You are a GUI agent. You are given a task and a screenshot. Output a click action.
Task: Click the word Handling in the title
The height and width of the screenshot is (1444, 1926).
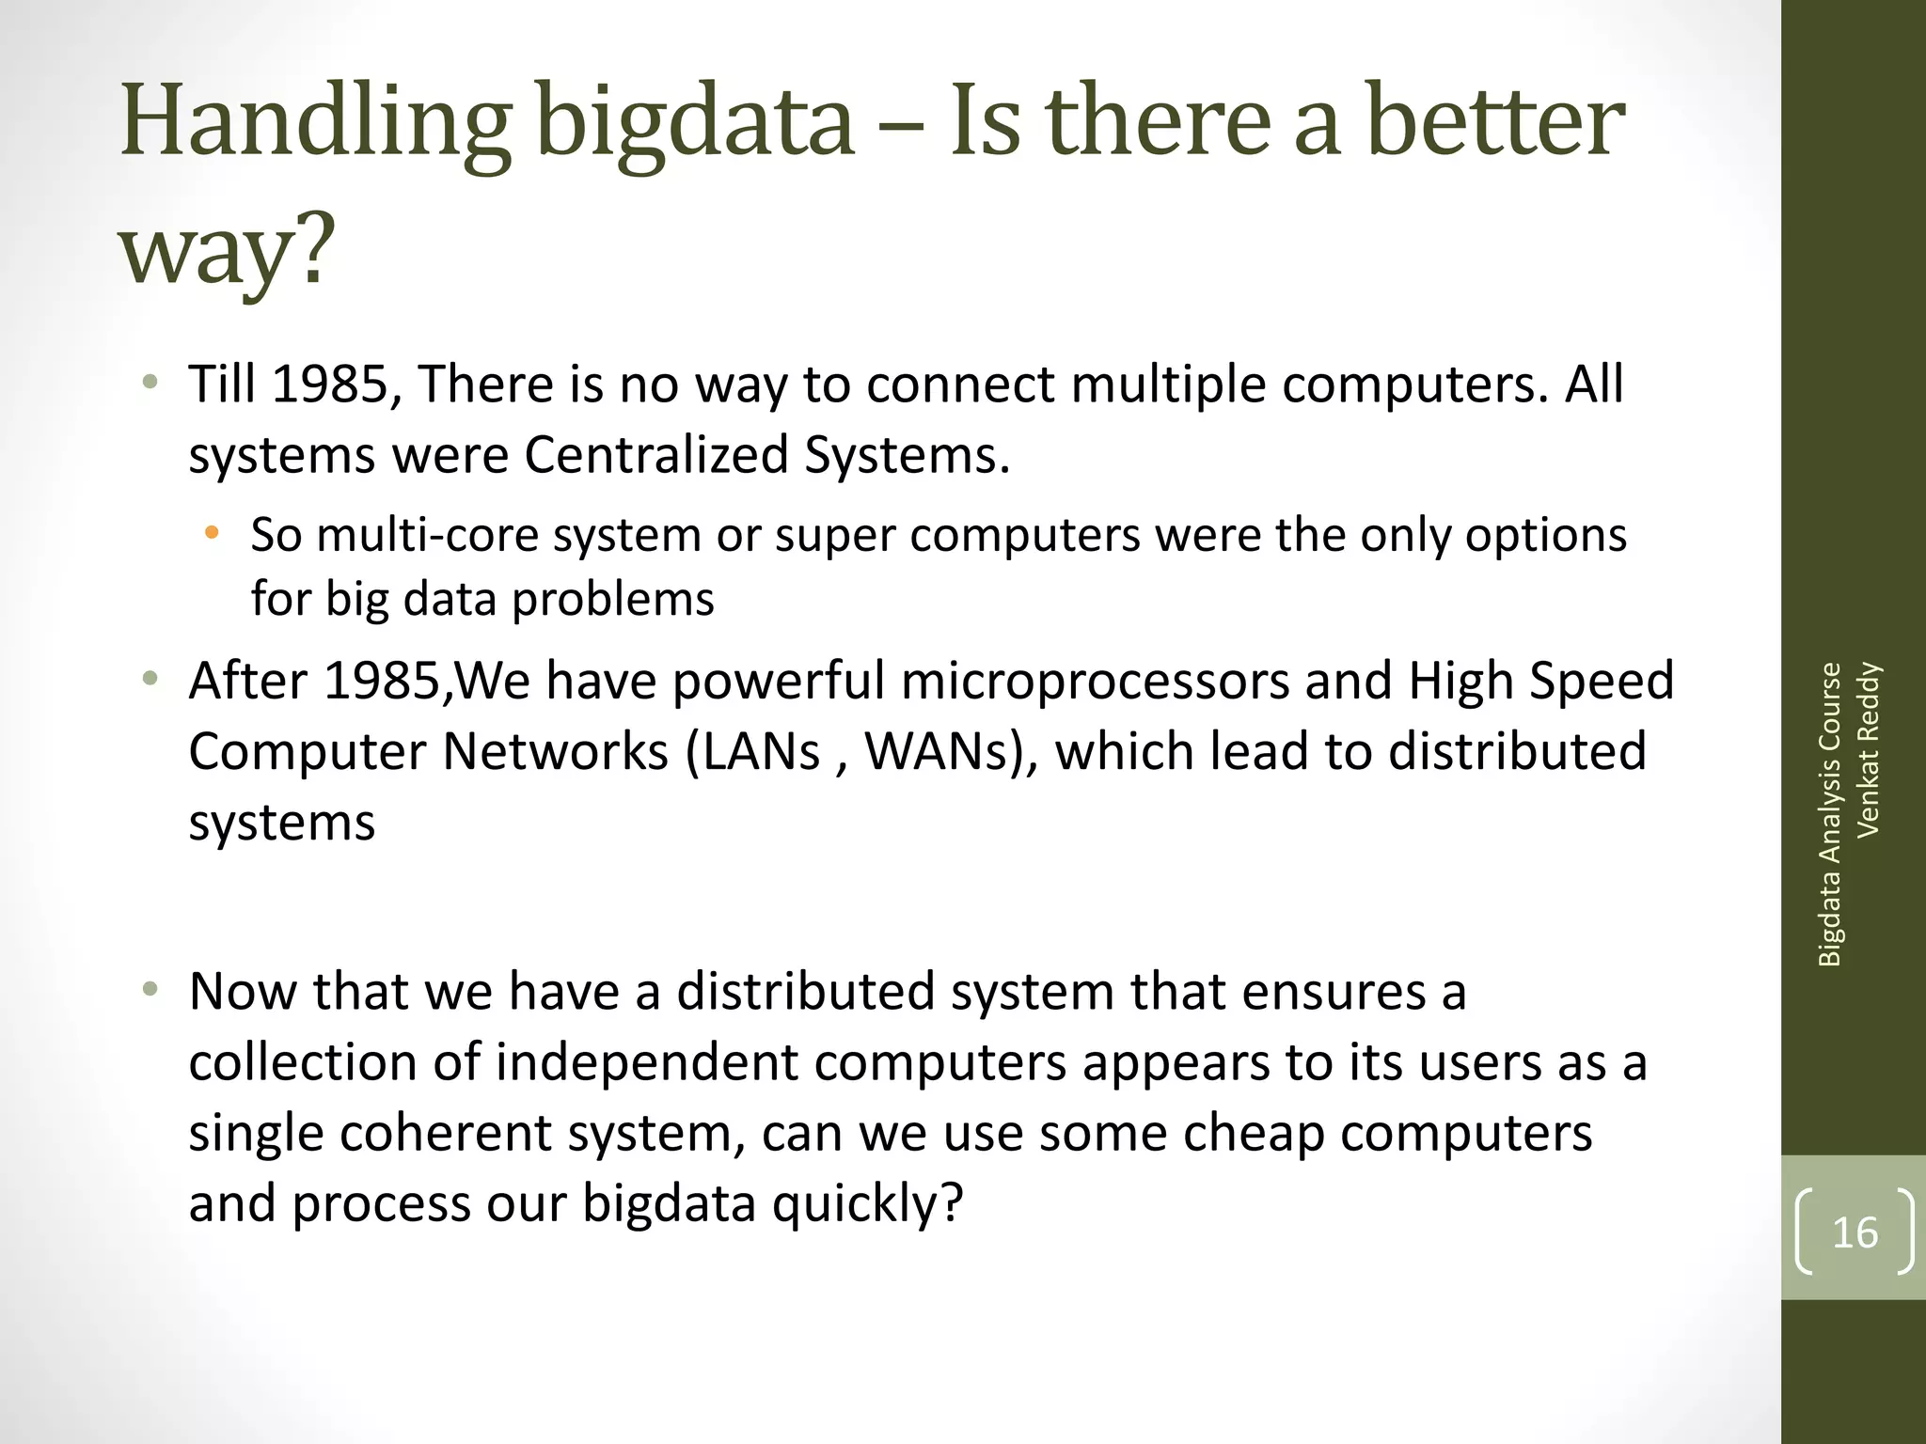coord(316,122)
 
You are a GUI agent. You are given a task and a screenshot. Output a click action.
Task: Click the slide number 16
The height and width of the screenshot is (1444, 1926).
coord(1855,1232)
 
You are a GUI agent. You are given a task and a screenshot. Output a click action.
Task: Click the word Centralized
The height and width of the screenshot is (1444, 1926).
coord(655,455)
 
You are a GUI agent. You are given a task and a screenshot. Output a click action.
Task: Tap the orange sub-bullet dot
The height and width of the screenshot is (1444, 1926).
coord(212,533)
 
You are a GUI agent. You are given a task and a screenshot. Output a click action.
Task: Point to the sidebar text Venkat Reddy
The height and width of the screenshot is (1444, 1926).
coord(1869,749)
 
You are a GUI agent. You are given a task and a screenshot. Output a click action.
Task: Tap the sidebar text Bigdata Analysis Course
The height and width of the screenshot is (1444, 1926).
coord(1829,814)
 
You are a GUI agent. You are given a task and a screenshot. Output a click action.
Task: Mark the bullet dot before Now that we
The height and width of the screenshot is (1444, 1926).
coord(150,990)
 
